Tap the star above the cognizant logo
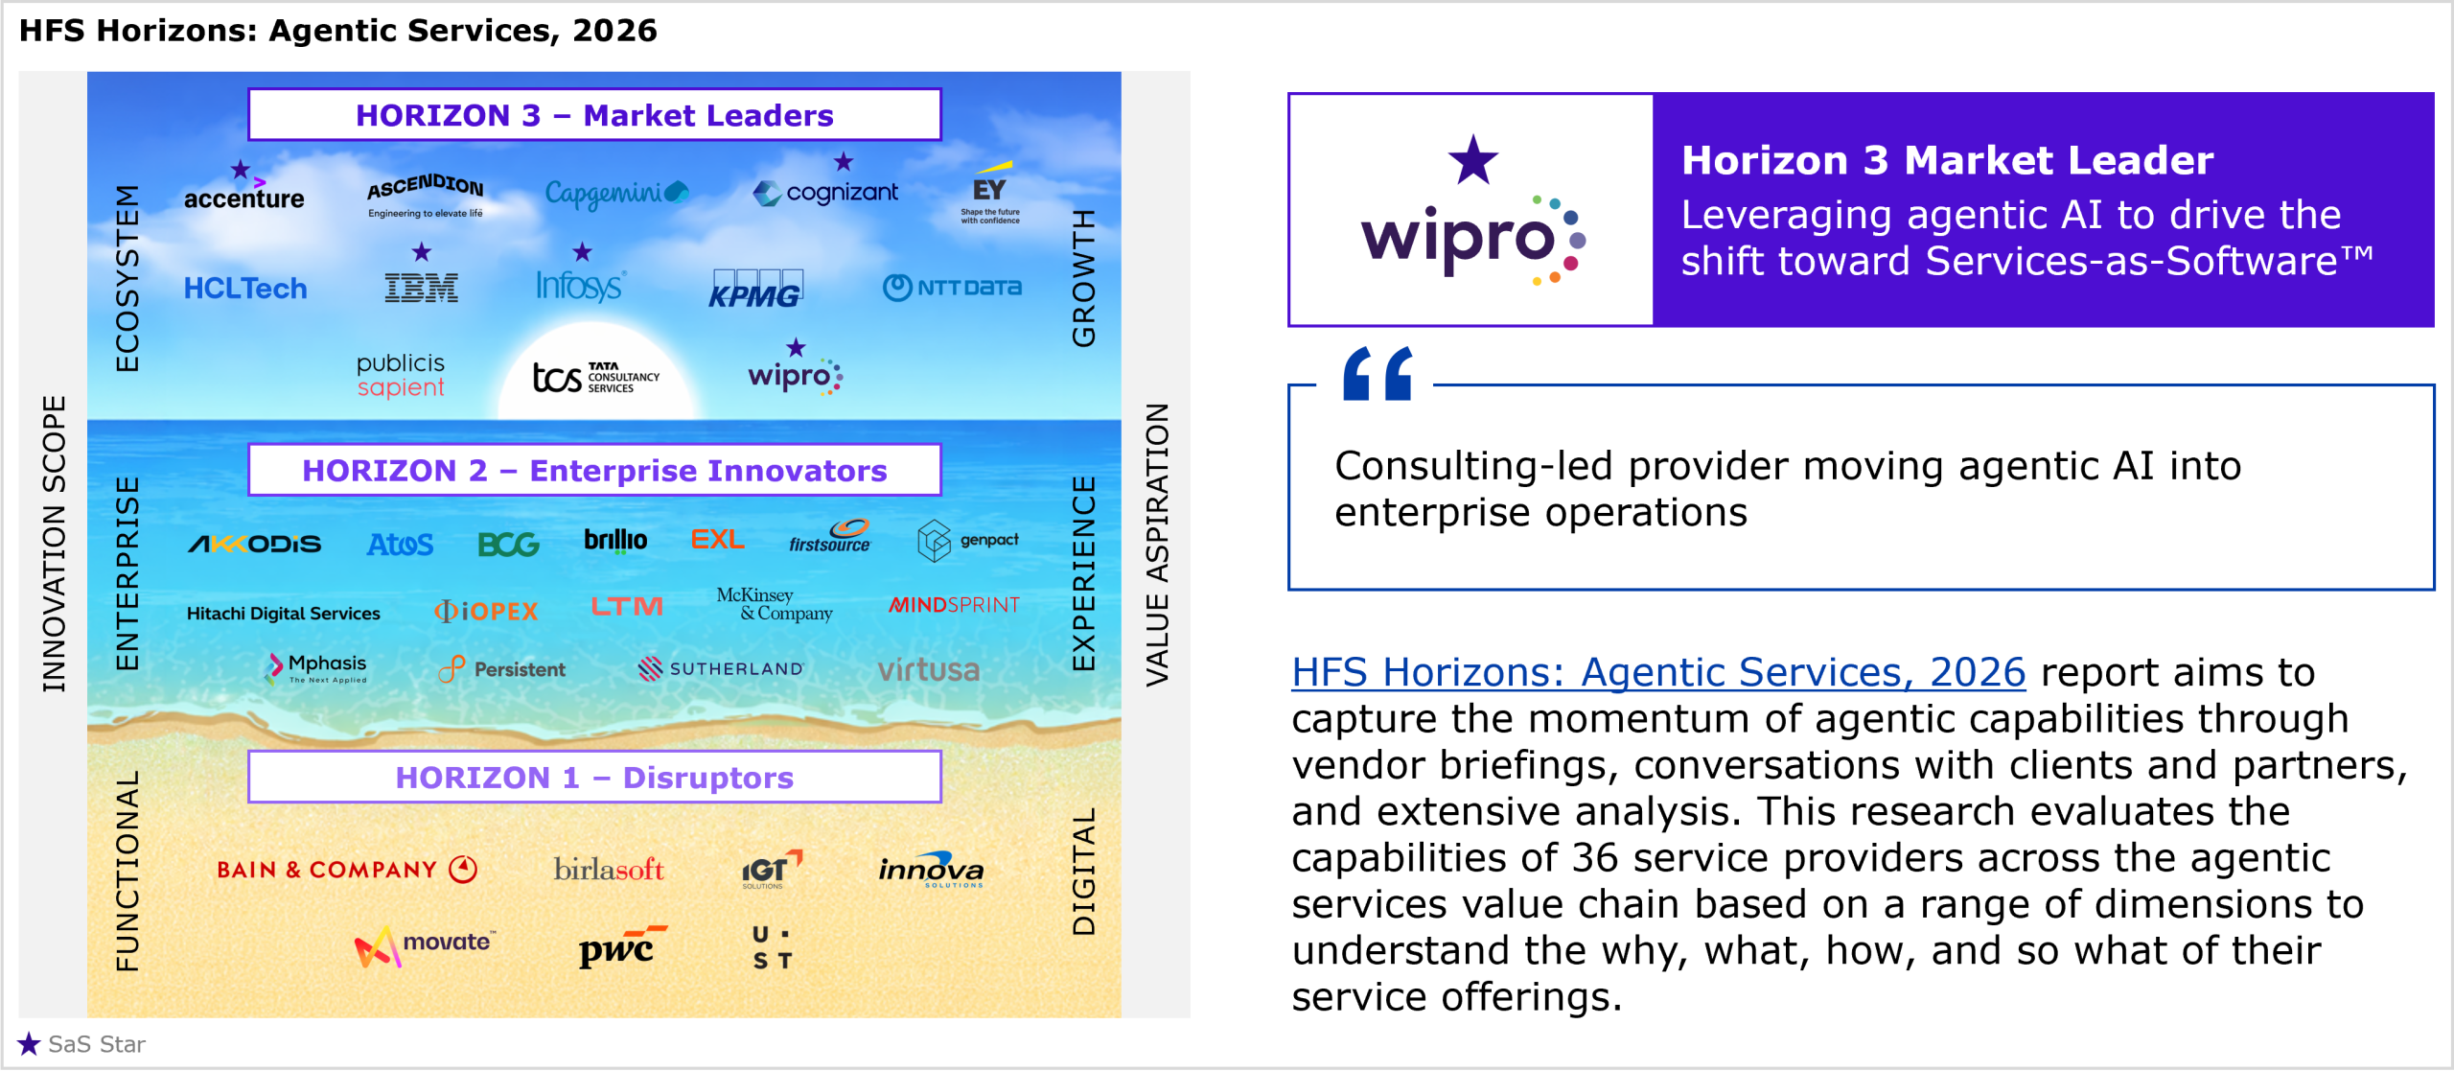pyautogui.click(x=843, y=161)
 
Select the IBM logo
pyautogui.click(x=421, y=288)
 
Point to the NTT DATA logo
pyautogui.click(x=952, y=287)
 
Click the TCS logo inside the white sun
pyautogui.click(x=595, y=377)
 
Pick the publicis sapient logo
pyautogui.click(x=401, y=375)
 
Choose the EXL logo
pyautogui.click(x=717, y=539)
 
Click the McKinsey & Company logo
pyautogui.click(x=775, y=604)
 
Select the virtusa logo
pyautogui.click(x=928, y=669)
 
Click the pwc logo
pyautogui.click(x=622, y=945)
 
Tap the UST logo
pyautogui.click(x=772, y=947)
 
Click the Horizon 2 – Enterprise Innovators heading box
pyautogui.click(x=594, y=470)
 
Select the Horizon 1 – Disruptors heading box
pyautogui.click(x=594, y=777)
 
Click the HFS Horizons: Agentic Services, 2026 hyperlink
pyautogui.click(x=1658, y=672)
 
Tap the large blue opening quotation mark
pyautogui.click(x=1377, y=373)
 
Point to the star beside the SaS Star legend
pyautogui.click(x=29, y=1043)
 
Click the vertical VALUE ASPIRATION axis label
pyautogui.click(x=1157, y=545)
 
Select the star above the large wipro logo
pyautogui.click(x=1472, y=159)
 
